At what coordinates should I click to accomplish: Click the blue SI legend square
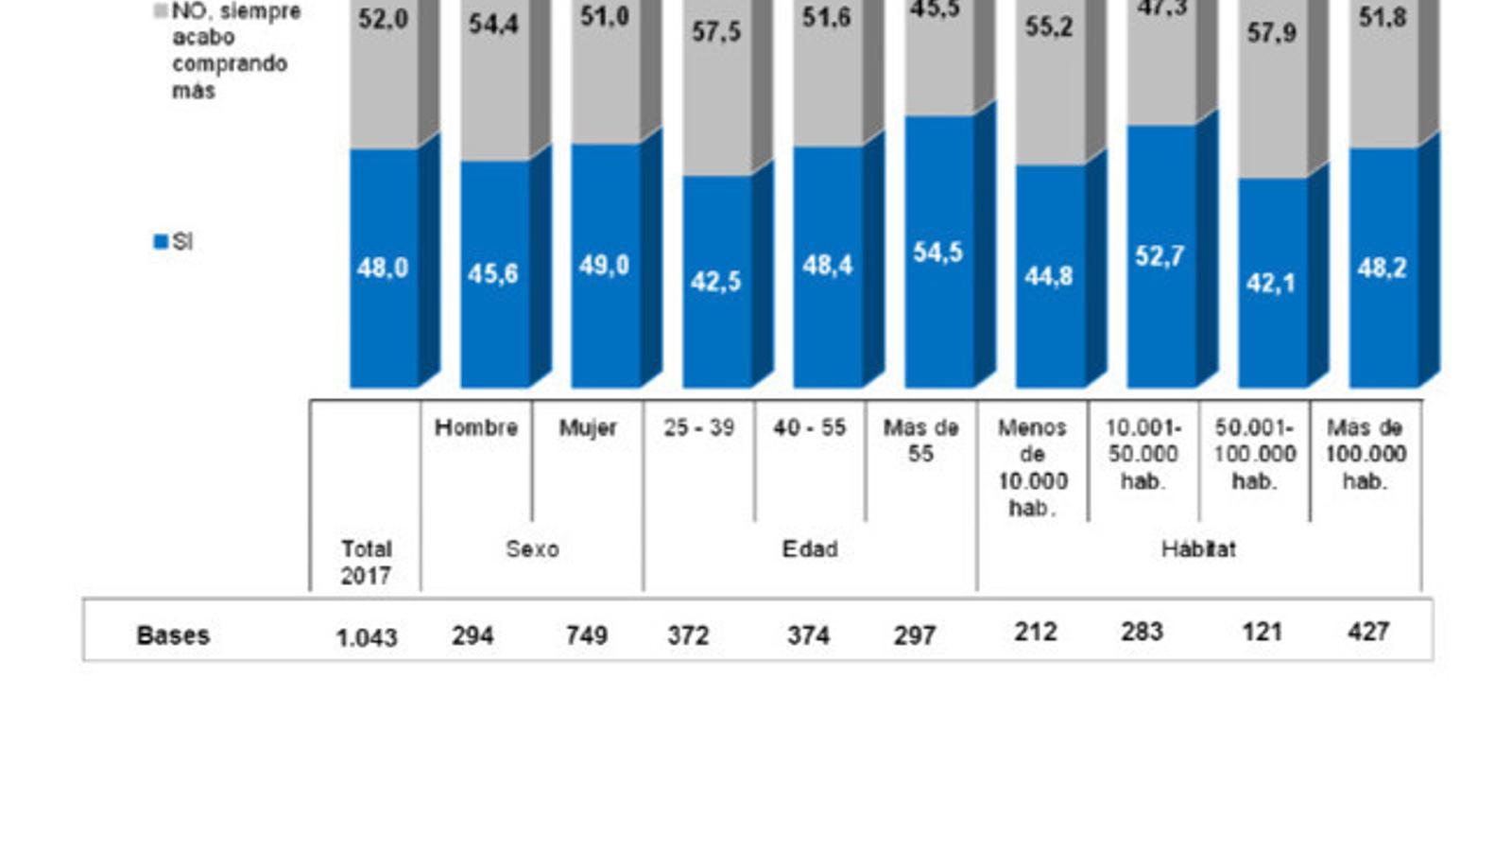tap(160, 242)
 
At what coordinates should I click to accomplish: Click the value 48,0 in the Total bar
tap(383, 269)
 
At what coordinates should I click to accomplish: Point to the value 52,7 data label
tap(1160, 256)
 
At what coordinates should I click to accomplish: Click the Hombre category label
tap(476, 427)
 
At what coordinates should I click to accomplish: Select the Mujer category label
tap(587, 427)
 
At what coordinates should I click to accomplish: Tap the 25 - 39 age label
tap(698, 427)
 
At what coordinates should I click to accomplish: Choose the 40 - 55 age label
tap(809, 427)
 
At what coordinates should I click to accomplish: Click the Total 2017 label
tap(366, 562)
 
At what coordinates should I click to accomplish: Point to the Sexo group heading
tap(532, 549)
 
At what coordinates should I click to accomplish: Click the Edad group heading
tap(810, 549)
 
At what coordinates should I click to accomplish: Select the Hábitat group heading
tap(1198, 549)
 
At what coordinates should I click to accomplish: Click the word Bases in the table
tap(173, 635)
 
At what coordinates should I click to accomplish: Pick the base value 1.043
tap(367, 638)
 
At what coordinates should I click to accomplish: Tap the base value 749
tap(586, 635)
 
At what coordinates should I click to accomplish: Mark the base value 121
tap(1262, 632)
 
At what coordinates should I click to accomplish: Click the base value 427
tap(1368, 632)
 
